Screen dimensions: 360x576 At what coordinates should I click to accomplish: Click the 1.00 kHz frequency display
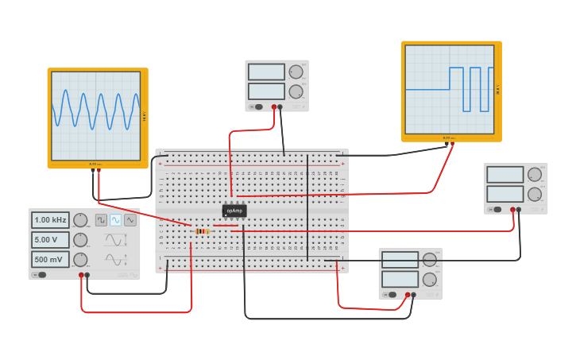pos(50,220)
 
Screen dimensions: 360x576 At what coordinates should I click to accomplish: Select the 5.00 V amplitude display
pos(50,239)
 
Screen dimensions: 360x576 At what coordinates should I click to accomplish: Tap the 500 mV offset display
pos(50,259)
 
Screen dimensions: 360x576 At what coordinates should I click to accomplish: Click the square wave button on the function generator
pos(101,220)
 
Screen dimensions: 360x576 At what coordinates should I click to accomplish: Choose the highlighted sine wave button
pos(115,220)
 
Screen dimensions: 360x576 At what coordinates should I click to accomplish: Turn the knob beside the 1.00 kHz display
pos(80,220)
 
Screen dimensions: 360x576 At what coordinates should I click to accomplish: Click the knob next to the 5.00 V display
pos(80,239)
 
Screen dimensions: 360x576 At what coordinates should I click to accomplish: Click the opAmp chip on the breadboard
pos(234,211)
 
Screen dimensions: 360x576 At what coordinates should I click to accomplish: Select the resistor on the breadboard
pos(202,231)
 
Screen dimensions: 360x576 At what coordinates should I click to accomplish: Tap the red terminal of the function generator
pos(81,275)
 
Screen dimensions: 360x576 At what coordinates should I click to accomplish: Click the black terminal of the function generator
pos(87,275)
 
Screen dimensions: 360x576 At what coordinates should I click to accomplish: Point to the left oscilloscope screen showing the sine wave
pos(96,116)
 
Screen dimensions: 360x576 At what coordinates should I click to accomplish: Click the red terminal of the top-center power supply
pos(274,106)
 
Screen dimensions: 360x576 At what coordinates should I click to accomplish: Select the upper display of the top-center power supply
pos(266,72)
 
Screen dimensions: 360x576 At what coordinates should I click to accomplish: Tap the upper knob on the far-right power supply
pos(535,174)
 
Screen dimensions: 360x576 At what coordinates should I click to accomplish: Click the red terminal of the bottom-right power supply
pos(408,295)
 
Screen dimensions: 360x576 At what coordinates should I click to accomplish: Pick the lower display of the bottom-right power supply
pos(400,279)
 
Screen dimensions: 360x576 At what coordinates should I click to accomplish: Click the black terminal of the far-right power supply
pos(519,210)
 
